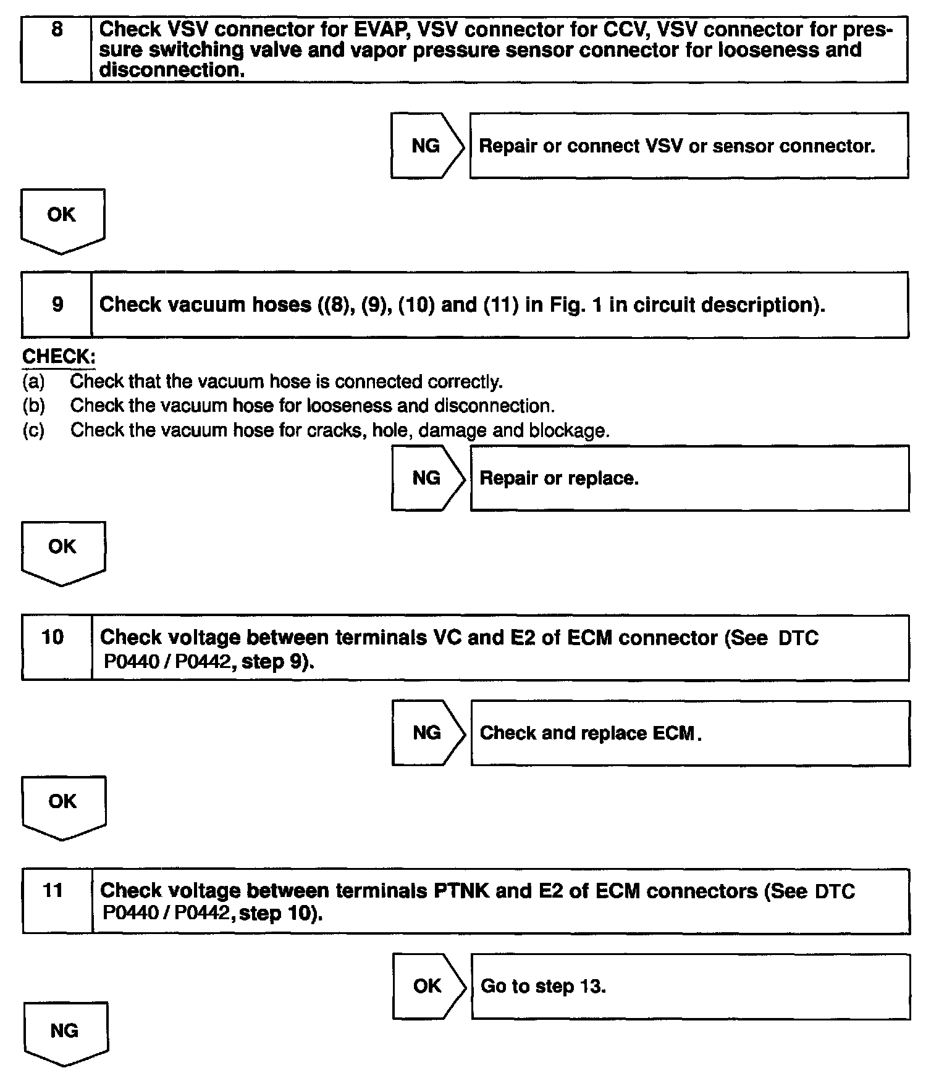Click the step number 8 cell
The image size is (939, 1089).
pyautogui.click(x=56, y=49)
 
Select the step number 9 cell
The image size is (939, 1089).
pyautogui.click(x=57, y=304)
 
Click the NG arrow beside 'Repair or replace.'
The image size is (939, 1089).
pyautogui.click(x=426, y=478)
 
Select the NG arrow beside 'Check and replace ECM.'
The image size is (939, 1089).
pyautogui.click(x=427, y=733)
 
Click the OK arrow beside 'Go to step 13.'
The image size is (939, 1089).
pyautogui.click(x=427, y=986)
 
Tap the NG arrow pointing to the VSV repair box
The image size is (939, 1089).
pyautogui.click(x=426, y=146)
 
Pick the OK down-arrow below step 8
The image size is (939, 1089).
pyautogui.click(x=62, y=220)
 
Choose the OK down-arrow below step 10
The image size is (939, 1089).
pyautogui.click(x=63, y=806)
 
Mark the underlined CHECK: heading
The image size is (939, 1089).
pyautogui.click(x=59, y=357)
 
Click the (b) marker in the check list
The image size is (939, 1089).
pyautogui.click(x=33, y=406)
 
